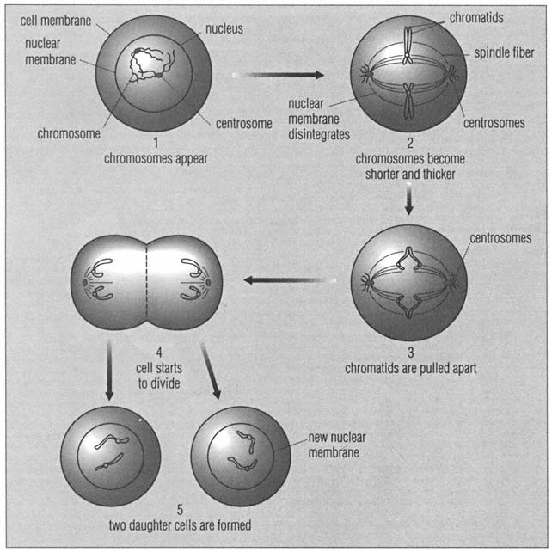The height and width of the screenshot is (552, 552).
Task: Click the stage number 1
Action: tap(156, 144)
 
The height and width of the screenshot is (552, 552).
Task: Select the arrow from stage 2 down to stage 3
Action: tap(409, 199)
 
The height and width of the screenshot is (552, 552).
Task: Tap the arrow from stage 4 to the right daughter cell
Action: tap(210, 370)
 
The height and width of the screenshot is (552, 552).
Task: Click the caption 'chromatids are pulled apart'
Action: tap(409, 369)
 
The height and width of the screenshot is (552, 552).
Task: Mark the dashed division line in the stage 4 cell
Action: tap(147, 279)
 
